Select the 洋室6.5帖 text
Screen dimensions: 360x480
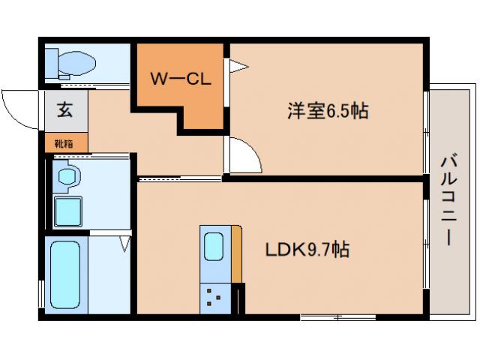point(327,111)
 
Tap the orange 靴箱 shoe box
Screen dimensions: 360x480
point(65,142)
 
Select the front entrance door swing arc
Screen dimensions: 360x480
point(19,109)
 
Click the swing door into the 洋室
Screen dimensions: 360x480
point(244,155)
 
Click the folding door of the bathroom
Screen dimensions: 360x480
point(125,242)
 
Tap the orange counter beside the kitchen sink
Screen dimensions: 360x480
point(236,255)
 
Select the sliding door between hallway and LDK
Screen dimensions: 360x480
point(180,179)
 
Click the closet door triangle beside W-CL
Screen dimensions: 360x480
point(238,67)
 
